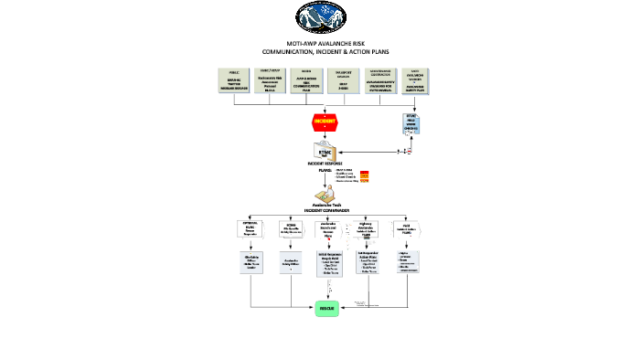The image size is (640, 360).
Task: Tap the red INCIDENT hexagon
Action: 325,121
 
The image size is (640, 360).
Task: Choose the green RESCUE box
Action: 328,311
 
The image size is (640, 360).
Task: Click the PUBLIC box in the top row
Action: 235,79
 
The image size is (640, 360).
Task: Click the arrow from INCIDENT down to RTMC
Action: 325,135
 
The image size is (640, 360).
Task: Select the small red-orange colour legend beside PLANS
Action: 364,176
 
